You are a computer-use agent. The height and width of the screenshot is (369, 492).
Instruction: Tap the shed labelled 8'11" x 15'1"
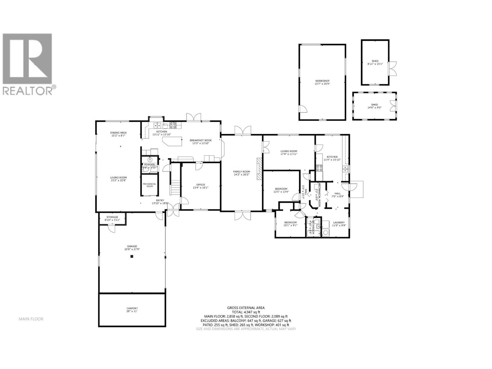click(375, 62)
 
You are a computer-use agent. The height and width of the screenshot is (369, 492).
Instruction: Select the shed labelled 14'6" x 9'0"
click(374, 106)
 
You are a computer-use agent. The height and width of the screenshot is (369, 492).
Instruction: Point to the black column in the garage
click(132, 256)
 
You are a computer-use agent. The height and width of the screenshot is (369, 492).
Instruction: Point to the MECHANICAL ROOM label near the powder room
click(149, 185)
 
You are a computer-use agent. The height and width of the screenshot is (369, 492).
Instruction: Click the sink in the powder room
click(150, 160)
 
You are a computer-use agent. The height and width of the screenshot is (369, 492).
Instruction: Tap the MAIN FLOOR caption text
click(31, 319)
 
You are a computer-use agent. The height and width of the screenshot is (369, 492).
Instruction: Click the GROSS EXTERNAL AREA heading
click(246, 307)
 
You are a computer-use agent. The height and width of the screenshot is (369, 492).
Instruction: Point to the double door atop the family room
click(242, 130)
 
